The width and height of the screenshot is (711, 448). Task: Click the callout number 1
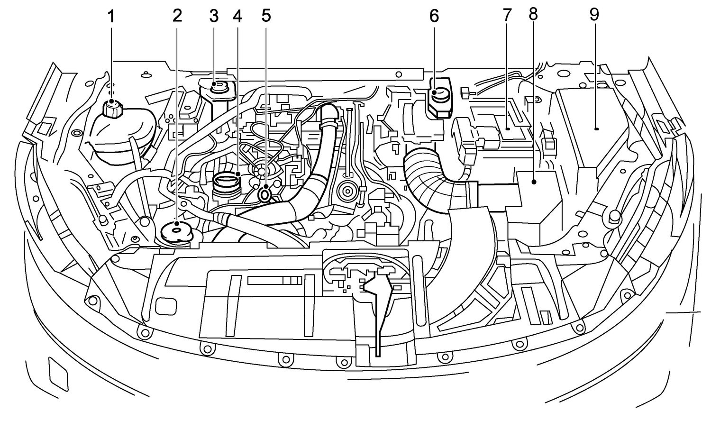click(111, 17)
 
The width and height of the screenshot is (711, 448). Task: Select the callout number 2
click(177, 16)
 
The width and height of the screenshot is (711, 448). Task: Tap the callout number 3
click(214, 16)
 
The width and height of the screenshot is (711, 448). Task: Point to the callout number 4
click(237, 16)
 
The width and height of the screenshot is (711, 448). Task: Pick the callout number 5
click(266, 16)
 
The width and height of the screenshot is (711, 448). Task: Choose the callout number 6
click(434, 16)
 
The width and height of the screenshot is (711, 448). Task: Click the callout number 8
click(534, 15)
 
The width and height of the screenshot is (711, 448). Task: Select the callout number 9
click(594, 15)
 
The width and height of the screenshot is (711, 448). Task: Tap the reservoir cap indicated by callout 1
click(112, 109)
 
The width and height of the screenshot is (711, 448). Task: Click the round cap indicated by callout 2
click(176, 231)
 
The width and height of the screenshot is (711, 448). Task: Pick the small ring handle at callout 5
click(265, 194)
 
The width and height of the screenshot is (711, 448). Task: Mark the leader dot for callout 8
click(534, 181)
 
